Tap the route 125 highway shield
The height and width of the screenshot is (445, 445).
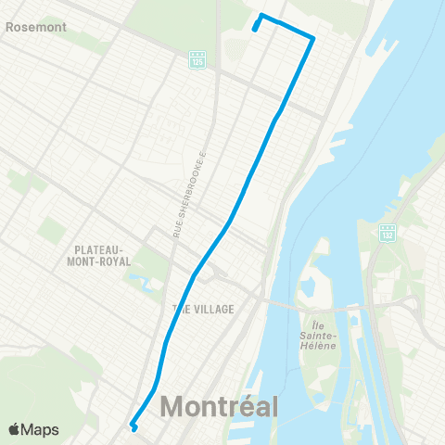(x=197, y=58)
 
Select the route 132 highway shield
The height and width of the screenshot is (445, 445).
(x=388, y=232)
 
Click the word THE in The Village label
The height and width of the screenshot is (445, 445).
(x=181, y=309)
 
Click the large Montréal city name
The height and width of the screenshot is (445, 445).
(x=219, y=406)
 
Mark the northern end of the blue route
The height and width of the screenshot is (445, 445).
(x=255, y=28)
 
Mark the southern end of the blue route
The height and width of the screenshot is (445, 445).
(x=135, y=428)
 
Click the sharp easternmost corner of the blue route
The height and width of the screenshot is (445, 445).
(x=313, y=37)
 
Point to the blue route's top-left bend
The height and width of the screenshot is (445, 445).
(x=261, y=16)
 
